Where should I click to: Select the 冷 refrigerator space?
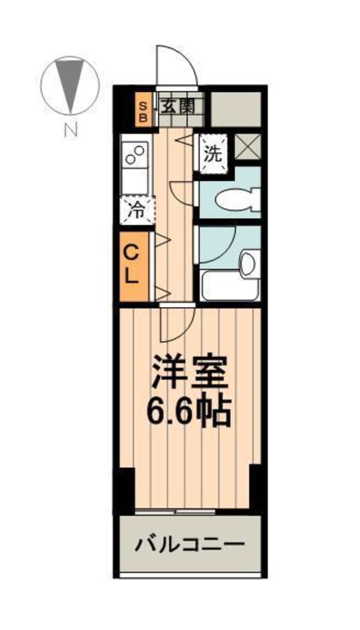pyautogui.click(x=137, y=210)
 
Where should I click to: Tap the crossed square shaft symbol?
pyautogui.click(x=245, y=147)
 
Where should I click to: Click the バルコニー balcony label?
pyautogui.click(x=190, y=545)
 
